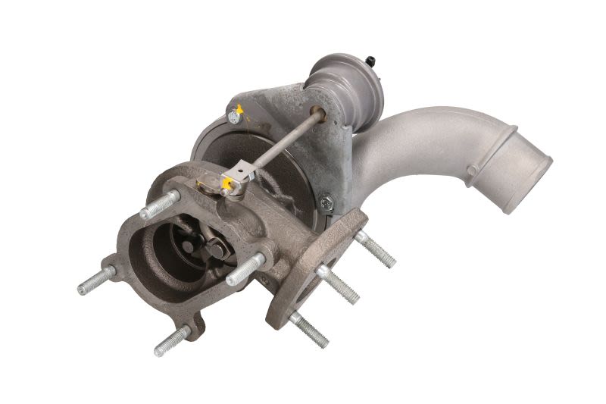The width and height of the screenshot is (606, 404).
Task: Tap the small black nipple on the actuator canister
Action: tap(372, 59)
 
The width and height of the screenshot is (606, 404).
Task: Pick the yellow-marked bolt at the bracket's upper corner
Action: tap(236, 117)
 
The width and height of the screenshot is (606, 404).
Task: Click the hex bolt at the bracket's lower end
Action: tap(326, 202)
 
